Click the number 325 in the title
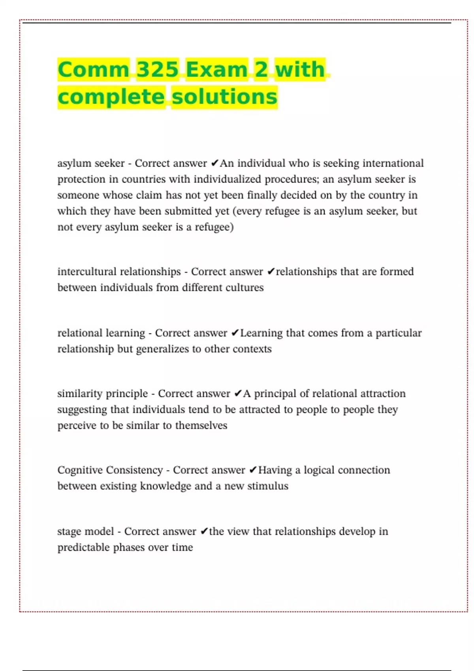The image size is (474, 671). point(157,69)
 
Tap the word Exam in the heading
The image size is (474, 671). point(216,69)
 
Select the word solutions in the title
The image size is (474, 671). point(225,97)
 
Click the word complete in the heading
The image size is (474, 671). point(111,97)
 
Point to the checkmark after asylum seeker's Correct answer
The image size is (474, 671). point(214,163)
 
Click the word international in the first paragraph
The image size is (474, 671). point(393,163)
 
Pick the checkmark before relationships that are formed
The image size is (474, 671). point(271,272)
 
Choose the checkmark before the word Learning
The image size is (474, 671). point(235,333)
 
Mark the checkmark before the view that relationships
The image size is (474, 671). point(204,531)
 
